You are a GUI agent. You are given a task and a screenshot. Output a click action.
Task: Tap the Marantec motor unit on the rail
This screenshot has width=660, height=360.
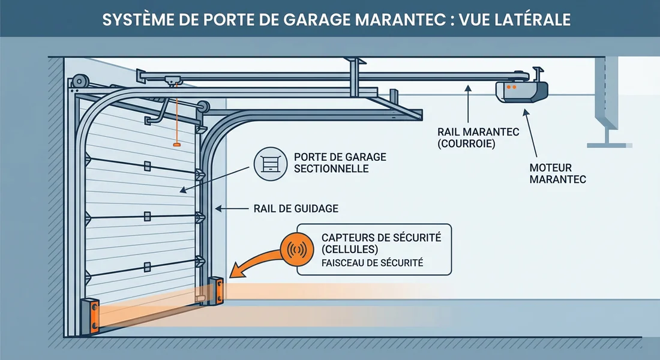tap(522, 90)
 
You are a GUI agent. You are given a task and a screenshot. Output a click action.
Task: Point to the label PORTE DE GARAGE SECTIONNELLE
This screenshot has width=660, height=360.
tap(340, 163)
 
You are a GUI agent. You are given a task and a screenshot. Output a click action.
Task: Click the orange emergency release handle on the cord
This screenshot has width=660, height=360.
tap(176, 144)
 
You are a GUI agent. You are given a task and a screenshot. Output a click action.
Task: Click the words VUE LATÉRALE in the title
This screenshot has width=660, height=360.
tap(515, 19)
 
